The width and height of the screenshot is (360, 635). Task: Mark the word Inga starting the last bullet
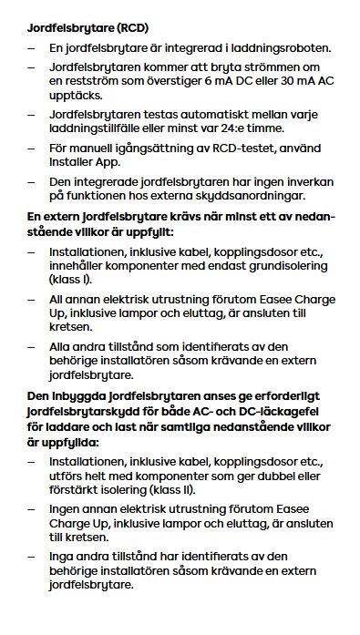[x=63, y=558]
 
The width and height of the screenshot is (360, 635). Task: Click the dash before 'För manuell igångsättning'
[x=32, y=148]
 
